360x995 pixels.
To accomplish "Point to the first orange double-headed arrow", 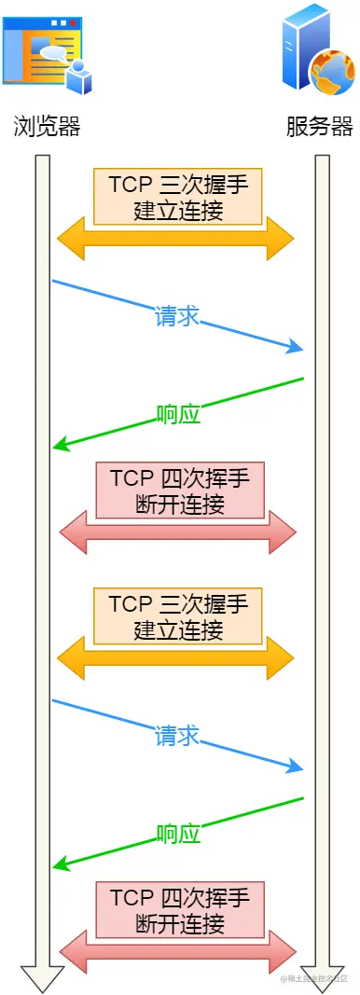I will [x=175, y=239].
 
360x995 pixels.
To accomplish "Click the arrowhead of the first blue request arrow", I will [x=298, y=349].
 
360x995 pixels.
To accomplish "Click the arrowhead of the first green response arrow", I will [x=60, y=446].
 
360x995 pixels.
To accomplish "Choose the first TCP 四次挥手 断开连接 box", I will [x=179, y=491].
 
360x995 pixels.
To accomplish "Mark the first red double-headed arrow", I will [x=177, y=533].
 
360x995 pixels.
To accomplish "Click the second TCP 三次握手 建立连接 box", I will [x=177, y=615].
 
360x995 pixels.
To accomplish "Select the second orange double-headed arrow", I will [x=175, y=658].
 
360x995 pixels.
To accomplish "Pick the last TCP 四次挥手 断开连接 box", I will [x=179, y=910].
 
